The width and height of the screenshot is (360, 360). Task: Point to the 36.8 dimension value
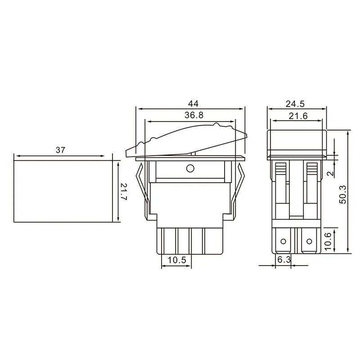coord(190,116)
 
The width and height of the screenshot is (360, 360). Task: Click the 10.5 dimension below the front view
coord(176,260)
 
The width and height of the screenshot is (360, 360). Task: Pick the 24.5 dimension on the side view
coord(296,103)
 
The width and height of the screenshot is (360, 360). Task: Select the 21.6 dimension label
coord(296,116)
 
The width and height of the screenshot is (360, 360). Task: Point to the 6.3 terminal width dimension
coord(283,260)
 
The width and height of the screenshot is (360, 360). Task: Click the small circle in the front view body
coord(190,169)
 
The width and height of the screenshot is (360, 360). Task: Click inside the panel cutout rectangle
coord(63,191)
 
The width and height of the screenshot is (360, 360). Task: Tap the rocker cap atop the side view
coord(296,141)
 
